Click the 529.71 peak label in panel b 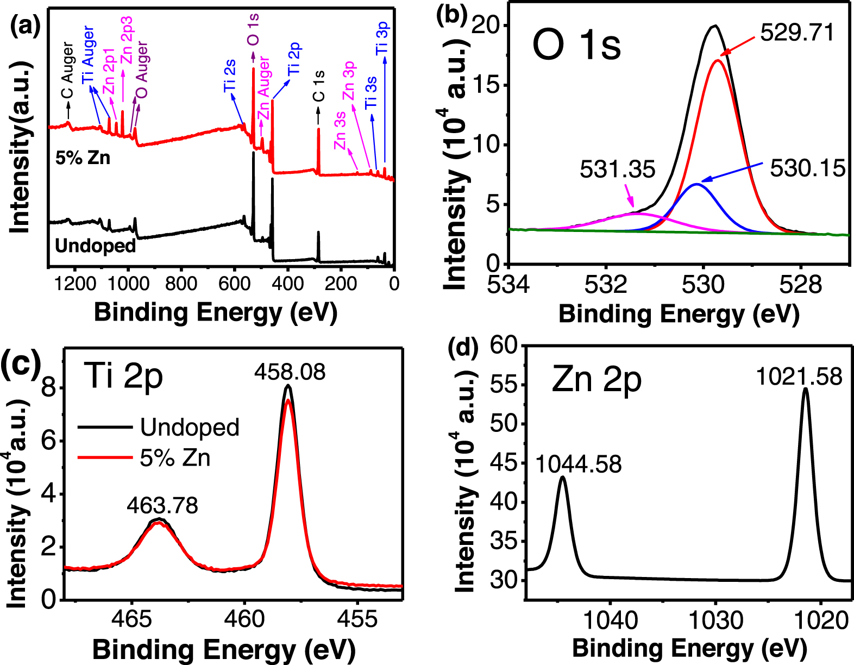click(x=796, y=33)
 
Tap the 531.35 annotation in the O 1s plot click(x=617, y=170)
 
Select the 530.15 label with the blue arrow click(x=807, y=168)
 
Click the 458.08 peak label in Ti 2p click(x=290, y=372)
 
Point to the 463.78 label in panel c click(x=162, y=506)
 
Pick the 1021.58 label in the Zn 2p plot click(x=799, y=377)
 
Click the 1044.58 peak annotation click(x=579, y=465)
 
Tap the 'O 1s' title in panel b click(x=576, y=46)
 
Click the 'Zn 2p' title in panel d click(x=596, y=379)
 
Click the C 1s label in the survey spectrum click(x=319, y=86)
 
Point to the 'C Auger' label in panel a click(x=67, y=71)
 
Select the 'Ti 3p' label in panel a click(x=383, y=39)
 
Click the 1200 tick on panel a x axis click(x=73, y=284)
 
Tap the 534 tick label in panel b click(x=508, y=285)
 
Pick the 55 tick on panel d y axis click(x=505, y=385)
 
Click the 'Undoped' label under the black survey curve click(x=96, y=246)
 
